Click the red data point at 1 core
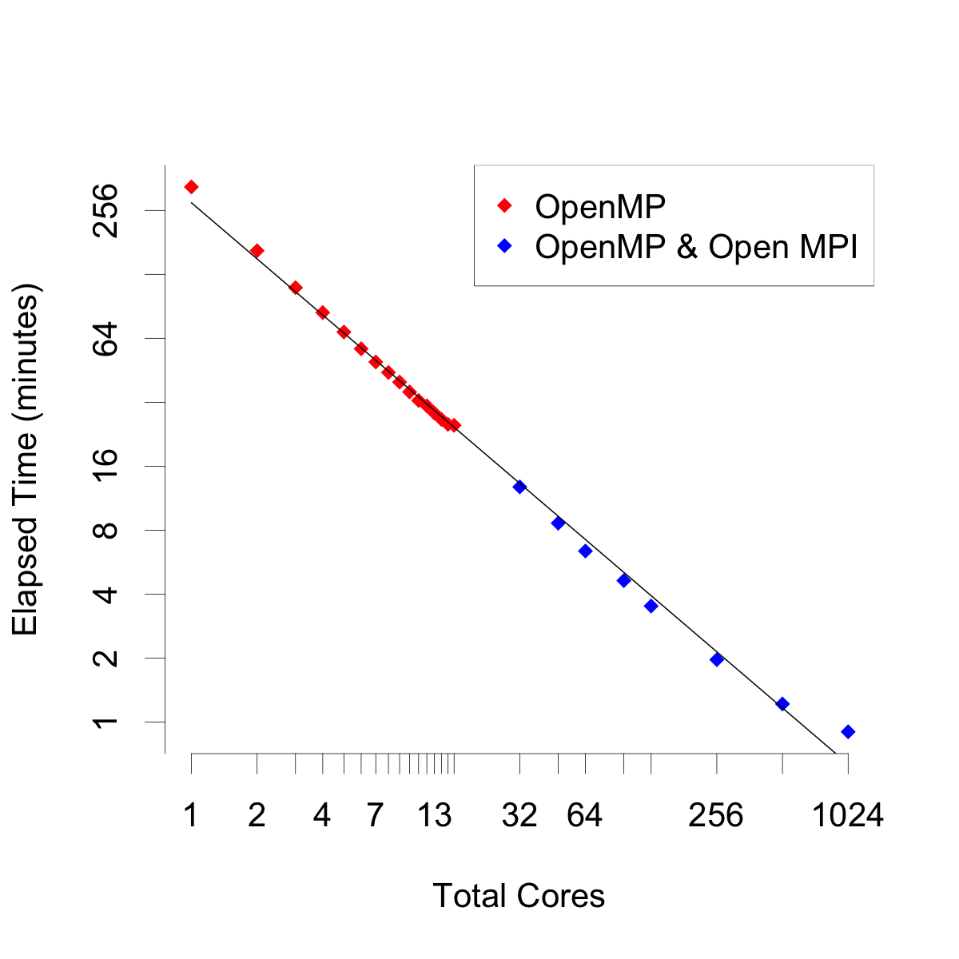click(191, 187)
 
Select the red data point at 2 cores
click(257, 251)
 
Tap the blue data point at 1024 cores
click(848, 731)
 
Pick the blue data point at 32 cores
click(519, 487)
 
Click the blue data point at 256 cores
click(717, 659)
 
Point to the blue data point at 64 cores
click(585, 551)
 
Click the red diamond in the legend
click(504, 206)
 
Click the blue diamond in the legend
click(504, 246)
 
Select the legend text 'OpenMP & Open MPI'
click(696, 247)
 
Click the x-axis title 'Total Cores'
click(519, 896)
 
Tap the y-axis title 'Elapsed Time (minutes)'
click(26, 460)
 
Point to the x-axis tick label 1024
click(848, 816)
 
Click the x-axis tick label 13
click(435, 816)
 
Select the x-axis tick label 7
click(375, 816)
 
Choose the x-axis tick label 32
click(519, 816)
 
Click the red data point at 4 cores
click(322, 312)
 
